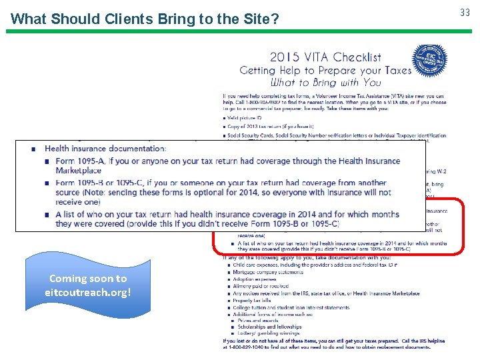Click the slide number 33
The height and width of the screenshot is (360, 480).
click(465, 12)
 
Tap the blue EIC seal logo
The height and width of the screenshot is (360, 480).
click(429, 61)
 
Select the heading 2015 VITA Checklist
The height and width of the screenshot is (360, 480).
click(325, 57)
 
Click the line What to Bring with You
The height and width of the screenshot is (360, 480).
click(325, 83)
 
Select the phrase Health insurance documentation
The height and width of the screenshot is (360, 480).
click(105, 149)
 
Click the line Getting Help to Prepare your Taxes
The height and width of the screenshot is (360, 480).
click(325, 70)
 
